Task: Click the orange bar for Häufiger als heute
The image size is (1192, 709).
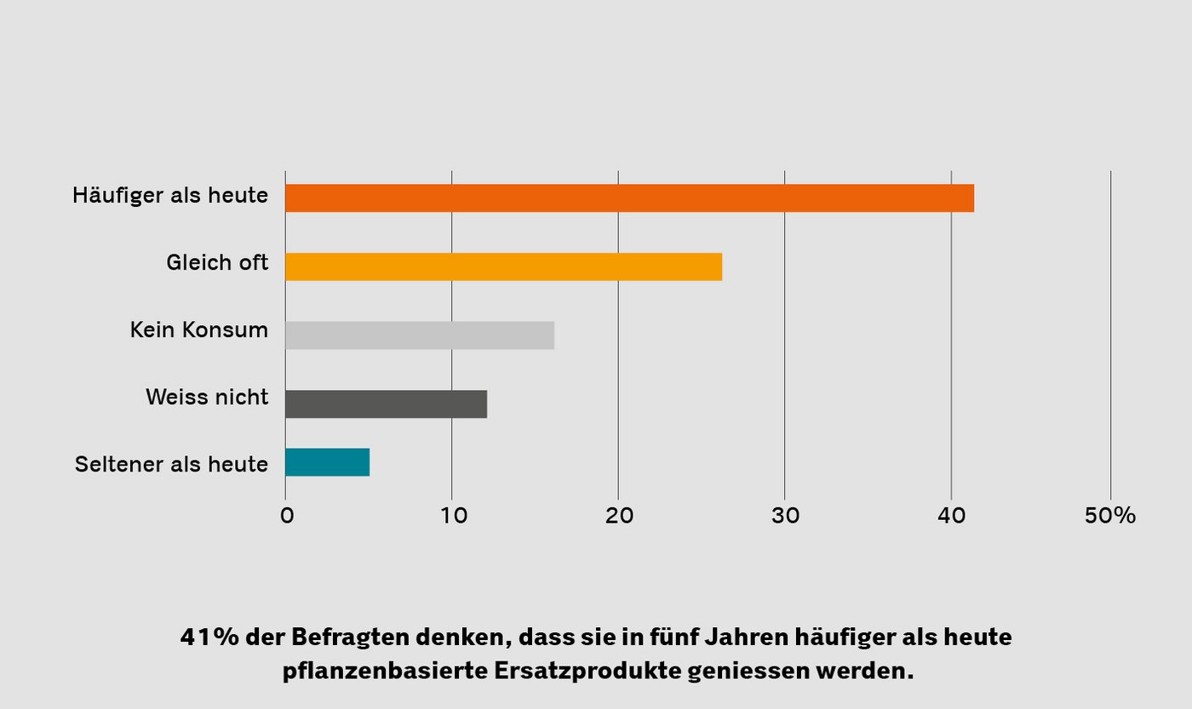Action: click(x=629, y=198)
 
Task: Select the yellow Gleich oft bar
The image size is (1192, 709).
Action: click(x=503, y=266)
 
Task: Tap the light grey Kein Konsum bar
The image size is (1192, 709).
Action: click(x=420, y=335)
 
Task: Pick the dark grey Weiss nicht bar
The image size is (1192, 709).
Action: click(x=386, y=403)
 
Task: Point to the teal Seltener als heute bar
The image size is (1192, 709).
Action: click(x=327, y=462)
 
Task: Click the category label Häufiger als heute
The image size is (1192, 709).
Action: click(x=170, y=195)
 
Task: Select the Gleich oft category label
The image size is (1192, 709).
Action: click(x=217, y=262)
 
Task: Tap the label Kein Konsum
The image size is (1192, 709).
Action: click(x=199, y=329)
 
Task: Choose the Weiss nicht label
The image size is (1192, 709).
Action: click(x=207, y=397)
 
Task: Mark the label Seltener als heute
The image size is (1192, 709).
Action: click(x=171, y=464)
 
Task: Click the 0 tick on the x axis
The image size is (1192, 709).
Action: click(x=287, y=516)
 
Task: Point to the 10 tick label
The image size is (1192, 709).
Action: click(x=452, y=516)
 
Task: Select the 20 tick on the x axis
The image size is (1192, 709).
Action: click(x=618, y=516)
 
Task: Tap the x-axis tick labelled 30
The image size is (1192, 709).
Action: click(x=785, y=516)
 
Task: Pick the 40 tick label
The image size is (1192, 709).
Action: click(x=951, y=516)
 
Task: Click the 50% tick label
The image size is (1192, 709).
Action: click(x=1109, y=516)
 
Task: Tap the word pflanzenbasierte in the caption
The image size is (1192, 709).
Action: click(x=384, y=671)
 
